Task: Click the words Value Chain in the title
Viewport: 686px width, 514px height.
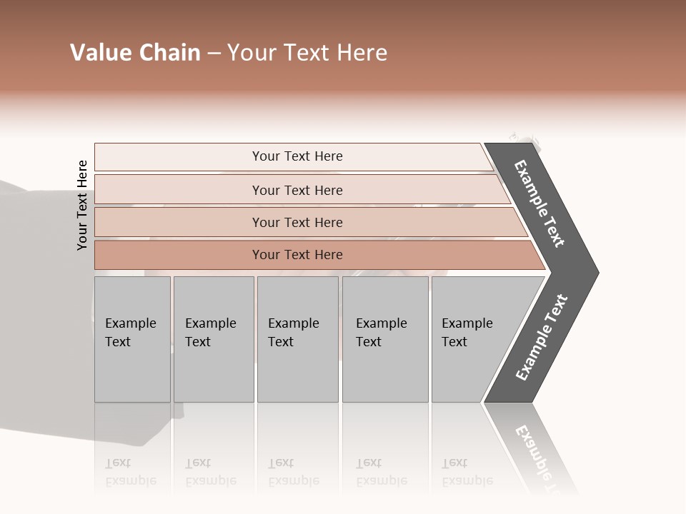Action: [135, 53]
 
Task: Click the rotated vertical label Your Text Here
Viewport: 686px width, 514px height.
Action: [83, 205]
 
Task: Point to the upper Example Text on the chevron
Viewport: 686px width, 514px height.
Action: [540, 203]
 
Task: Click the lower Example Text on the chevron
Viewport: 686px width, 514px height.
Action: [542, 338]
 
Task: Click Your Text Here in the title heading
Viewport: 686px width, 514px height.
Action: [307, 53]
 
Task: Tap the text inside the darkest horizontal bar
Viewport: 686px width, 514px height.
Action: [297, 255]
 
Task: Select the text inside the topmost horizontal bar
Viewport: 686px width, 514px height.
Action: [297, 156]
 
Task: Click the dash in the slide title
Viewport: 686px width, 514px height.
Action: [214, 54]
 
